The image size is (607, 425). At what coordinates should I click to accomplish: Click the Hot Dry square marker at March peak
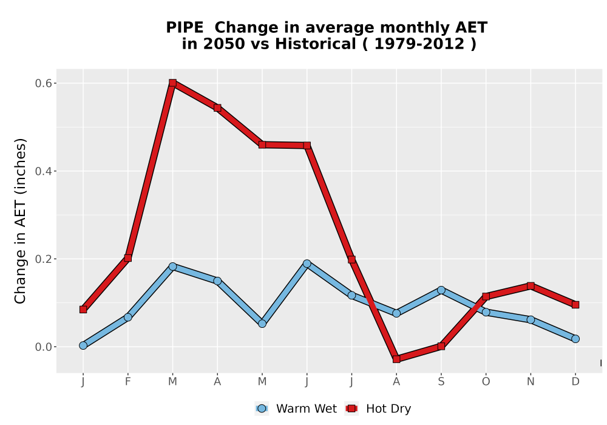point(172,83)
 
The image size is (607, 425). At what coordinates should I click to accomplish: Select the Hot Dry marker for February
point(127,258)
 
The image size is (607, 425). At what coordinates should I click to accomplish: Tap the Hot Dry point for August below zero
point(396,359)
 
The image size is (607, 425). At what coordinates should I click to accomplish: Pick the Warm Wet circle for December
point(575,339)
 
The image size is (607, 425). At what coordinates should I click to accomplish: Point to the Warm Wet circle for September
point(441,290)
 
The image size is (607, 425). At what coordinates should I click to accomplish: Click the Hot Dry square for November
point(531,286)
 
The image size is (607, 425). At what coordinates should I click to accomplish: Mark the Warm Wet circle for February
point(127,317)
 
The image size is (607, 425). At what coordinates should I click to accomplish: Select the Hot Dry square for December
point(575,305)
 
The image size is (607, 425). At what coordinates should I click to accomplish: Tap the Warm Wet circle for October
point(486,312)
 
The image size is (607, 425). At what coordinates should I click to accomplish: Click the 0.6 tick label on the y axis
point(43,83)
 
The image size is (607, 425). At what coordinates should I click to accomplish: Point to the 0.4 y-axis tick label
point(43,171)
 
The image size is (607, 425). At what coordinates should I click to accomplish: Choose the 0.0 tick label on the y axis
point(43,347)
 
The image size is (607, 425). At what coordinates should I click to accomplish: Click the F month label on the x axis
point(127,382)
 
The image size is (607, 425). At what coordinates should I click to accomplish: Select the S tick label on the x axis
point(441,382)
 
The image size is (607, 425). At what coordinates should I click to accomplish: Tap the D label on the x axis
point(575,382)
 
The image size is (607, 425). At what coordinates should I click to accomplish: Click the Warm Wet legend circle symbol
point(262,409)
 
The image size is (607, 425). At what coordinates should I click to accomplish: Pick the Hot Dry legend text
point(388,409)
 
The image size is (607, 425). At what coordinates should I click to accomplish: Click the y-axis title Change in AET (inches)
point(20,221)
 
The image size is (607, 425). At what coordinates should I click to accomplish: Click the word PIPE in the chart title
point(185,28)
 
